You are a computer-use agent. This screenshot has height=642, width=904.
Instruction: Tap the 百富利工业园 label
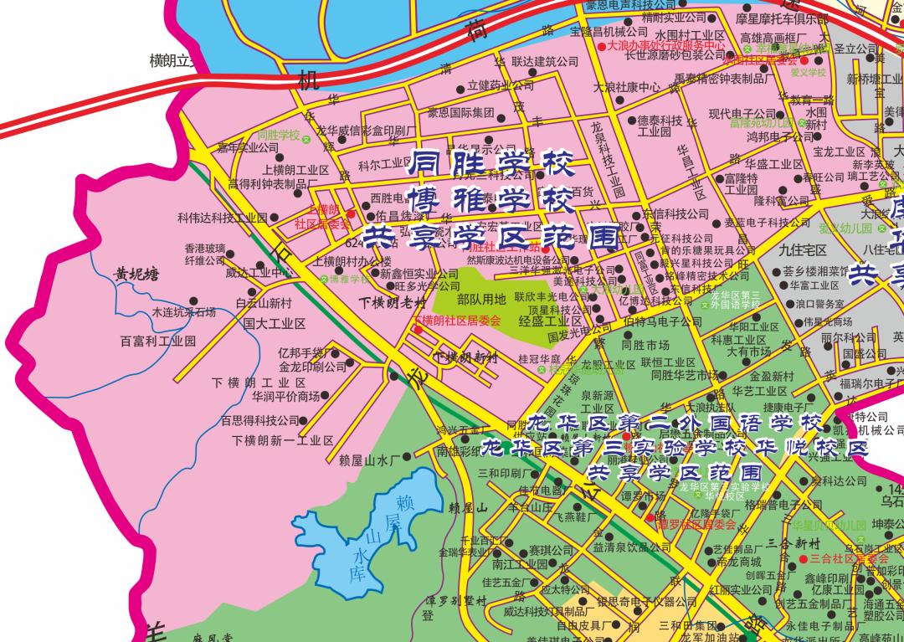pyautogui.click(x=157, y=342)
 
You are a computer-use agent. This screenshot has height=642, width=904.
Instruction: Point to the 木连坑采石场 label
pyautogui.click(x=183, y=312)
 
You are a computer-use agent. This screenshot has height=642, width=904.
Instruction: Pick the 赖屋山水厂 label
pyautogui.click(x=370, y=460)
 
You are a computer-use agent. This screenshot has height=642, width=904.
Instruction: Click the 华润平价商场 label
pyautogui.click(x=286, y=396)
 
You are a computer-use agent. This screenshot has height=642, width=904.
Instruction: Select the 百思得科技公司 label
pyautogui.click(x=260, y=420)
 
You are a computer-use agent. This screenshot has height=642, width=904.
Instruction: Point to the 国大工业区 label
pyautogui.click(x=274, y=323)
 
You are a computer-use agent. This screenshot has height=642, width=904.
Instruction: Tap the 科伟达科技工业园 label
pyautogui.click(x=222, y=218)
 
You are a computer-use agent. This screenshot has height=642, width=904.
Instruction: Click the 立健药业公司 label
pyautogui.click(x=501, y=85)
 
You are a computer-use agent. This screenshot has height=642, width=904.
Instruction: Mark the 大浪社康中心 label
pyautogui.click(x=627, y=87)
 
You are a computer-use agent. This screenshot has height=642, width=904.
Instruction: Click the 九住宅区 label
pyautogui.click(x=802, y=249)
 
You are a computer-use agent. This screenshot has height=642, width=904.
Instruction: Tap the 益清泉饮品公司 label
pyautogui.click(x=632, y=547)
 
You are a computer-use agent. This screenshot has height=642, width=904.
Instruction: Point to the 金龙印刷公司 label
pyautogui.click(x=312, y=367)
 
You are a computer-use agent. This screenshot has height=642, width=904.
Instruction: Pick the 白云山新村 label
pyautogui.click(x=264, y=303)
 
